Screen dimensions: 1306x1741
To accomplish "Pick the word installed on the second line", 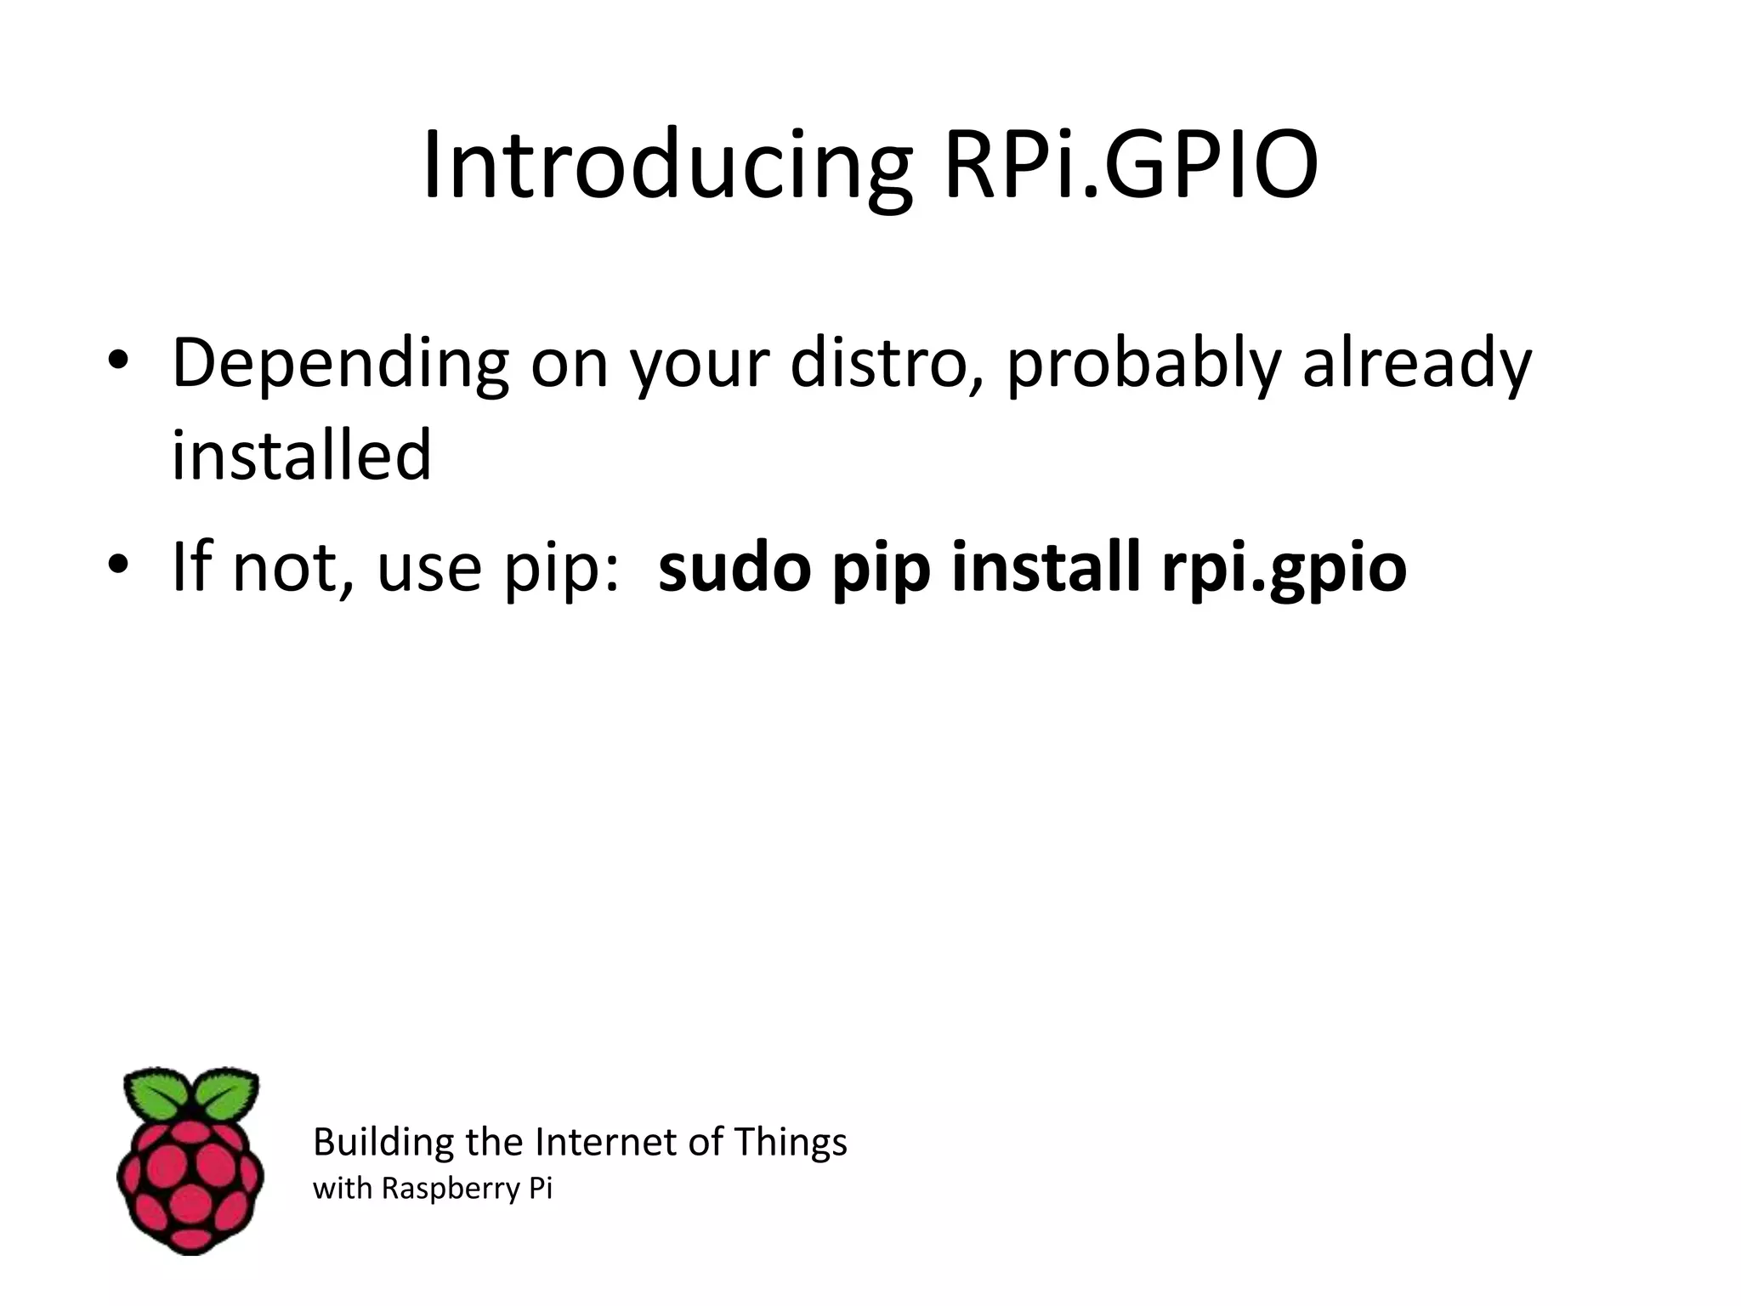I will pos(302,455).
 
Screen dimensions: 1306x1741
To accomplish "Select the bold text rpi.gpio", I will pos(1284,570).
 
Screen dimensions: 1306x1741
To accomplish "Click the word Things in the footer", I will pos(790,1142).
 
